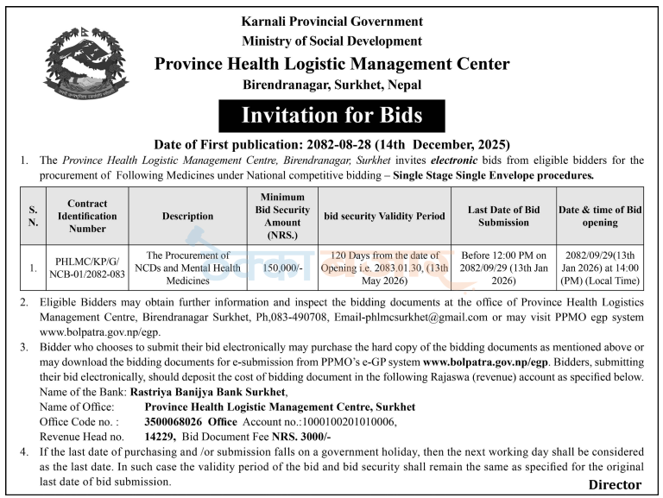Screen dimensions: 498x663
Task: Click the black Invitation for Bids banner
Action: (x=331, y=116)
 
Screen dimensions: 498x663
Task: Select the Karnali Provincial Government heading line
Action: (x=332, y=21)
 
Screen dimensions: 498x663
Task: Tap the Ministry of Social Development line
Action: (x=332, y=41)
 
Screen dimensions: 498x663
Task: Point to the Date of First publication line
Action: (x=331, y=144)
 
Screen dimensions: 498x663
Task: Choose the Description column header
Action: (x=187, y=217)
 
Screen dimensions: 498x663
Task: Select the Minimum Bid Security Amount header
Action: (x=282, y=216)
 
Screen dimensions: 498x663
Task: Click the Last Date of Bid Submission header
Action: (x=503, y=216)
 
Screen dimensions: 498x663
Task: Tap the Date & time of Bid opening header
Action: (x=600, y=216)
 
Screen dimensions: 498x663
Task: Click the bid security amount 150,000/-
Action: (x=282, y=268)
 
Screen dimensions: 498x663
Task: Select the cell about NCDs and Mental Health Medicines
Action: (x=187, y=268)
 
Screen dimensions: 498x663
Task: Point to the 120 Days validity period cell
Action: (x=384, y=268)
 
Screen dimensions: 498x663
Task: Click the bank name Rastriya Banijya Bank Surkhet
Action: (x=208, y=392)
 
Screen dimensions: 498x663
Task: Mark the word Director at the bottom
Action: (x=615, y=484)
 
